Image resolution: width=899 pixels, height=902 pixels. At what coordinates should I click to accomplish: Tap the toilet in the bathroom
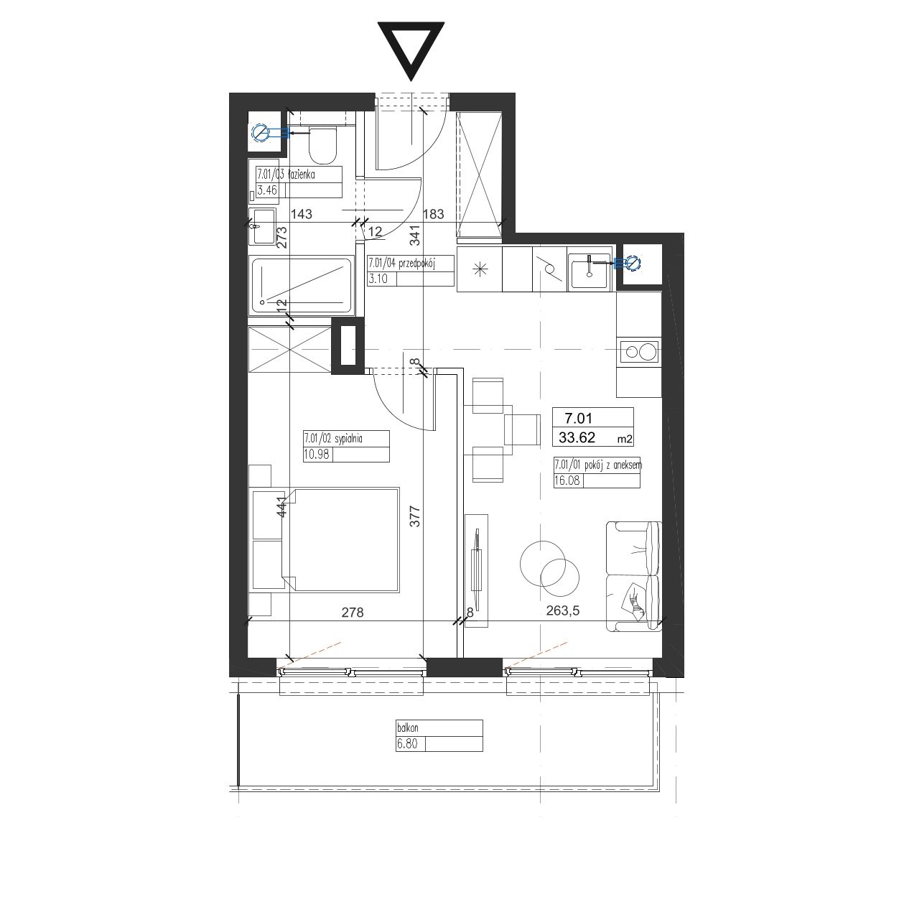click(322, 145)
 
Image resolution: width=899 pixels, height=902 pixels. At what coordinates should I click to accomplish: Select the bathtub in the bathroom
click(302, 286)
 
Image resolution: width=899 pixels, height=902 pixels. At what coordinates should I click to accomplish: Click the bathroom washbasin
click(264, 226)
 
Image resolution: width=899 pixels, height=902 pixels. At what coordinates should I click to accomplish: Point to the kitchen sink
click(590, 271)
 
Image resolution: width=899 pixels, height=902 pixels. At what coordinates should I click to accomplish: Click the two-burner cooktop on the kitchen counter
click(639, 351)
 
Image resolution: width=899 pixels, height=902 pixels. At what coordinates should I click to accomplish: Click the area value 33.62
click(577, 437)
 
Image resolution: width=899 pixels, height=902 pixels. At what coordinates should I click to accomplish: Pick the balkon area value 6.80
click(406, 744)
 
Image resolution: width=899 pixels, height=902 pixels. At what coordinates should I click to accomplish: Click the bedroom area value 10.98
click(317, 454)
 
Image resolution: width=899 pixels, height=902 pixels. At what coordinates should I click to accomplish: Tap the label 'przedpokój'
click(416, 264)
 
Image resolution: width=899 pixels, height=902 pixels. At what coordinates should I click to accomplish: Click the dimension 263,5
click(563, 611)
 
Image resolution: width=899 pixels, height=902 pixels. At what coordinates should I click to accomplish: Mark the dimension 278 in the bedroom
click(352, 613)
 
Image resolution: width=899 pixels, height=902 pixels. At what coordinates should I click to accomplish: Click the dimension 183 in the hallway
click(433, 214)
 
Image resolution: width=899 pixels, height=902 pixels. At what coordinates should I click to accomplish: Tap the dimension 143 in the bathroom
click(301, 215)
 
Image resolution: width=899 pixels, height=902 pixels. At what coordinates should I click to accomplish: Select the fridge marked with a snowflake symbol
click(479, 269)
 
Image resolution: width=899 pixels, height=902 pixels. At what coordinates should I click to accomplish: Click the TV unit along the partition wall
click(477, 570)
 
